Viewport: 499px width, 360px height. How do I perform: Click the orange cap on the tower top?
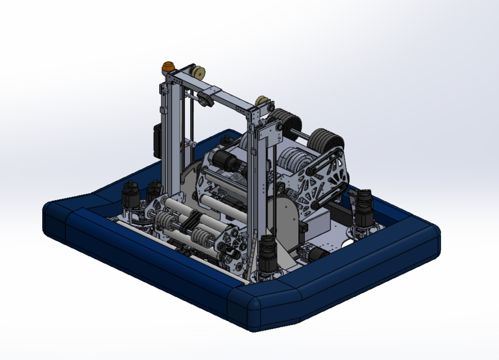[x=168, y=67]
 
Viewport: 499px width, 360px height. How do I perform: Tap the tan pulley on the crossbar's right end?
[x=262, y=101]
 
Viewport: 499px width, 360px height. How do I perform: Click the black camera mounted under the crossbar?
[x=205, y=100]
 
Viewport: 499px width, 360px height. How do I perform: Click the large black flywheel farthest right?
[x=326, y=142]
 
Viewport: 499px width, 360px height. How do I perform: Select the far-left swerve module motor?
[x=131, y=196]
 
